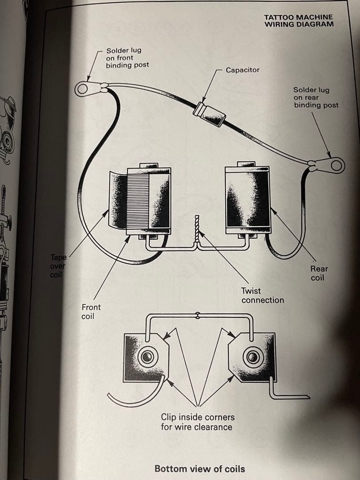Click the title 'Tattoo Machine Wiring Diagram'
pyautogui.click(x=298, y=20)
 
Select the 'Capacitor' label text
pyautogui.click(x=242, y=70)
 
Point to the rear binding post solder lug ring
pyautogui.click(x=337, y=165)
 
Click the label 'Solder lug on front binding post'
pyautogui.click(x=127, y=58)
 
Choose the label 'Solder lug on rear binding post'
pyautogui.click(x=316, y=97)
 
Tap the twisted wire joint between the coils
pyautogui.click(x=196, y=231)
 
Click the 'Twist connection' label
pyautogui.click(x=262, y=296)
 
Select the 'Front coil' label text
pyautogui.click(x=91, y=311)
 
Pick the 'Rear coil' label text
pyautogui.click(x=319, y=273)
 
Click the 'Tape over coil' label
pyautogui.click(x=58, y=266)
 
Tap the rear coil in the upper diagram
pyautogui.click(x=248, y=199)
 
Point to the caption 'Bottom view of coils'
pyautogui.click(x=199, y=468)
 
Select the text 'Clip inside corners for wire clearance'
pyautogui.click(x=197, y=422)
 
